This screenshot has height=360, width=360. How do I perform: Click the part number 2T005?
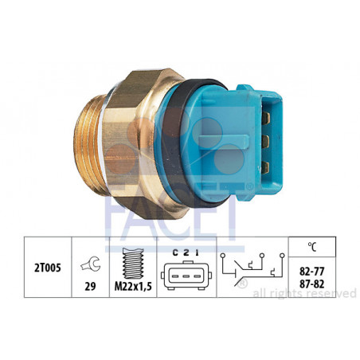pyautogui.click(x=48, y=268)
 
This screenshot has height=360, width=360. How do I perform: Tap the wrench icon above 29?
pyautogui.click(x=90, y=264)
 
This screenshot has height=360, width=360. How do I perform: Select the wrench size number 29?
pyautogui.click(x=90, y=286)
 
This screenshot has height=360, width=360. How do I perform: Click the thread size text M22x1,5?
pyautogui.click(x=133, y=286)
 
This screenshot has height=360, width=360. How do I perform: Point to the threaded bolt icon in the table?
pyautogui.click(x=133, y=263)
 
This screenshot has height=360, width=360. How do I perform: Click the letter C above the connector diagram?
pyautogui.click(x=175, y=252)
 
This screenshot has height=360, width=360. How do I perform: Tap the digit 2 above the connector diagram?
pyautogui.click(x=186, y=252)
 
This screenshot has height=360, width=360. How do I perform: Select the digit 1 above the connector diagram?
pyautogui.click(x=197, y=252)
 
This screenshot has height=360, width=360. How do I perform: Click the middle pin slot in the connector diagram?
pyautogui.click(x=186, y=276)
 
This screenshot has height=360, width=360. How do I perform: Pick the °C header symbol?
pyautogui.click(x=312, y=247)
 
